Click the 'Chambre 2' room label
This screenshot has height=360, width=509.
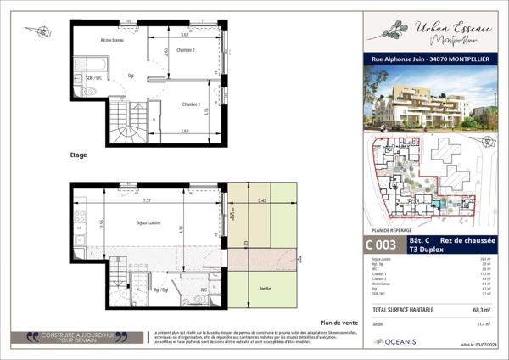pyautogui.click(x=186, y=51)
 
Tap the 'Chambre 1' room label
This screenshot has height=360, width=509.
pyautogui.click(x=192, y=104)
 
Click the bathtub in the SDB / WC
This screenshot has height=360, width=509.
pyautogui.click(x=87, y=64)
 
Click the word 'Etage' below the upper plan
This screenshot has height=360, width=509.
pyautogui.click(x=79, y=156)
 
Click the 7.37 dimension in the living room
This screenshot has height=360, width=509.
pyautogui.click(x=146, y=201)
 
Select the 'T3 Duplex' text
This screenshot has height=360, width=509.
pyautogui.click(x=426, y=250)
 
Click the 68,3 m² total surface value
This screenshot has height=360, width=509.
pyautogui.click(x=484, y=310)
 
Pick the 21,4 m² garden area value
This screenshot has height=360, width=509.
pyautogui.click(x=485, y=324)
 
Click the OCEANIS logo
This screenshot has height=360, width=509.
pyautogui.click(x=397, y=341)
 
